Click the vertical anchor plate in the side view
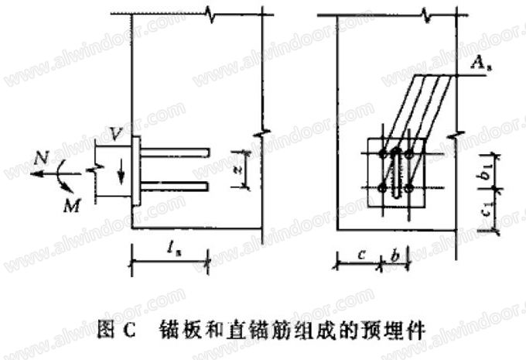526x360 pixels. coord(136,170)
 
